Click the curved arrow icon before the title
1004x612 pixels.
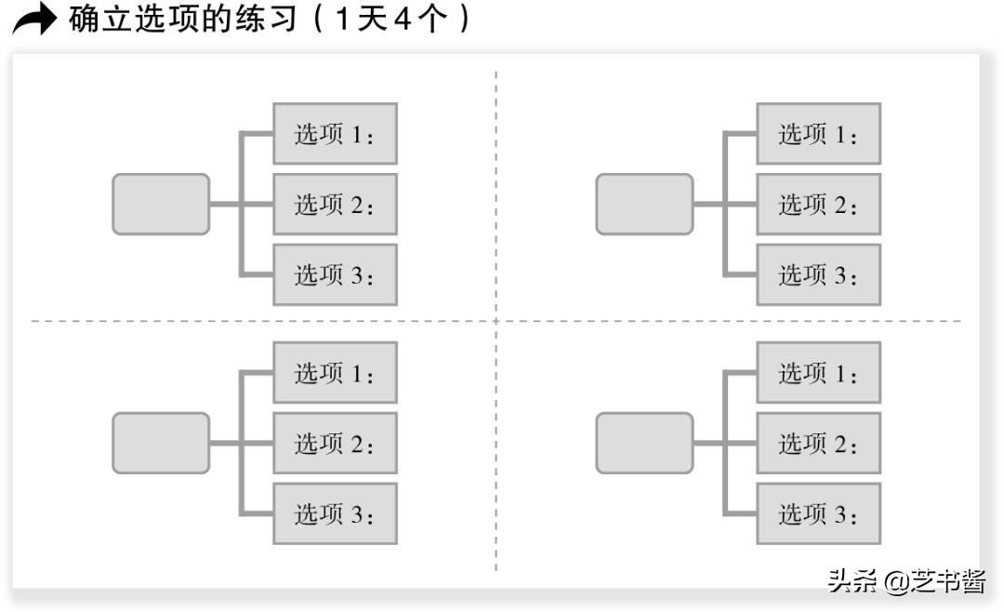point(34,20)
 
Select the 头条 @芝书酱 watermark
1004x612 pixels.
point(905,582)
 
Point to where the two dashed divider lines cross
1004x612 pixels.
point(495,321)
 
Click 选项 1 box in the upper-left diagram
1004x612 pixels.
point(335,134)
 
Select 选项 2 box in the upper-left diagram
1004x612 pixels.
point(335,204)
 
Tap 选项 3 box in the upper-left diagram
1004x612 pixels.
point(335,274)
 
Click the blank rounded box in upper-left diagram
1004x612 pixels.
point(161,204)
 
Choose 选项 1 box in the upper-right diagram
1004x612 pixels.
point(818,134)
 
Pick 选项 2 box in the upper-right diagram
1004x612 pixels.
point(818,204)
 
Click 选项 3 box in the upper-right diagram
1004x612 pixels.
point(818,274)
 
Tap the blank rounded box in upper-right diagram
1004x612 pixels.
point(644,204)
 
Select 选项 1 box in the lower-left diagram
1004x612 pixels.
point(335,373)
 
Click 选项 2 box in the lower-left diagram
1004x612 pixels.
point(335,443)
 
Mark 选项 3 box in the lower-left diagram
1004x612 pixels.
point(335,513)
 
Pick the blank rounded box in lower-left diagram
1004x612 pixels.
point(161,443)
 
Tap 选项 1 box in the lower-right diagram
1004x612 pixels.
point(818,373)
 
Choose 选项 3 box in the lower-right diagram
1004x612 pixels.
point(818,513)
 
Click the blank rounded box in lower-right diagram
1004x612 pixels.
point(644,443)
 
